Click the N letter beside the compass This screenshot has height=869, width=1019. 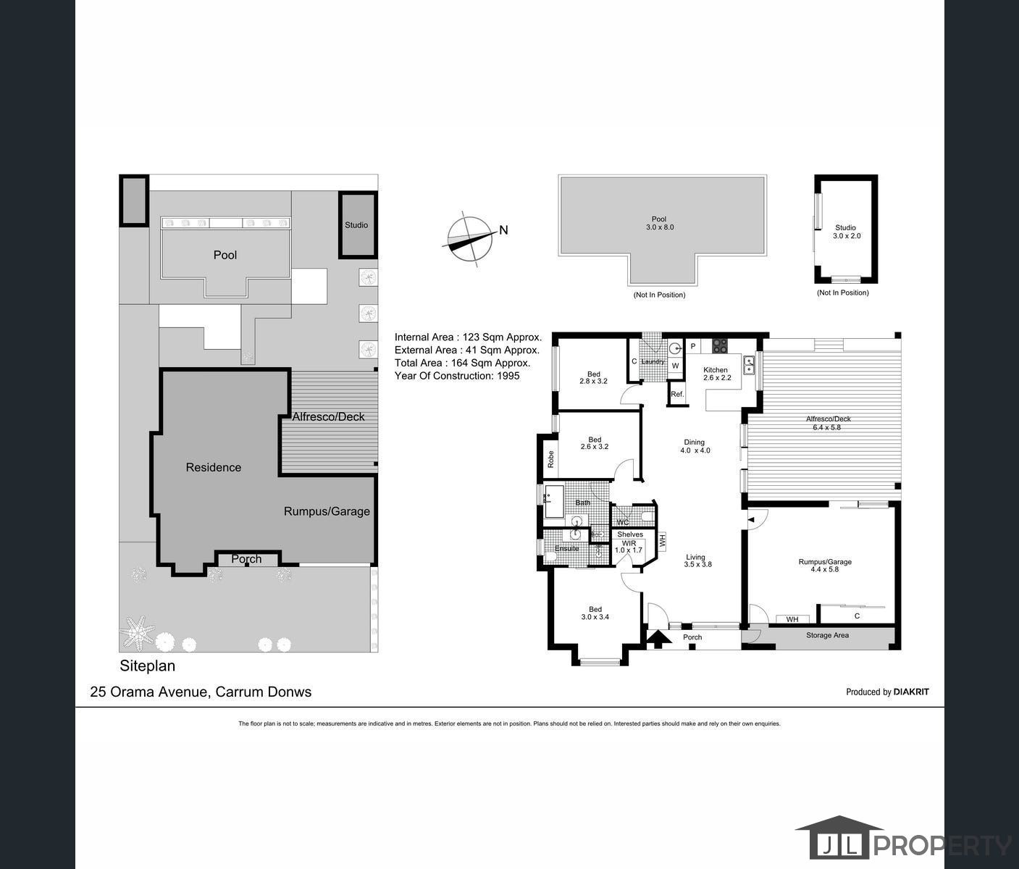coord(503,230)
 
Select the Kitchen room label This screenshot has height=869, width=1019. coord(716,369)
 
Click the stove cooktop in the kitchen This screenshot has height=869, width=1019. coord(720,345)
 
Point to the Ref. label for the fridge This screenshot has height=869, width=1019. coord(677,394)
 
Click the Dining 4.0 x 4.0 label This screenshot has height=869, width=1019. coord(695,446)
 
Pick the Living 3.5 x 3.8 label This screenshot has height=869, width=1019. coord(697,561)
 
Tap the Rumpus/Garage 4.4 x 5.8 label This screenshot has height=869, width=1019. coord(825,566)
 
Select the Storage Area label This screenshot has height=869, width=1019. coord(827,635)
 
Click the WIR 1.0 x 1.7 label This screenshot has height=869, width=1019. coord(629,547)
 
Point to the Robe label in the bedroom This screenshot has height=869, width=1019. coord(550,459)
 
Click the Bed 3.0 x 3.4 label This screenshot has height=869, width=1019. coord(595,613)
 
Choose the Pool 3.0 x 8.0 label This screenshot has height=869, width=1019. coord(660,223)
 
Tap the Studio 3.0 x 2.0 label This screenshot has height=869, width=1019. coord(847,232)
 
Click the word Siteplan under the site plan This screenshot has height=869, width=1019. coord(148,666)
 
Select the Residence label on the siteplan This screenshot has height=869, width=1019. coord(214,467)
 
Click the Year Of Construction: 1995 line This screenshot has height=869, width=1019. coord(457,376)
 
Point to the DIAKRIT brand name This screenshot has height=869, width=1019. coord(911,692)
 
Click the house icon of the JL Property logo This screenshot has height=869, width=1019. coord(839,844)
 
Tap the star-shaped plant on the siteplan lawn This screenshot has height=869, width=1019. coord(138,632)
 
